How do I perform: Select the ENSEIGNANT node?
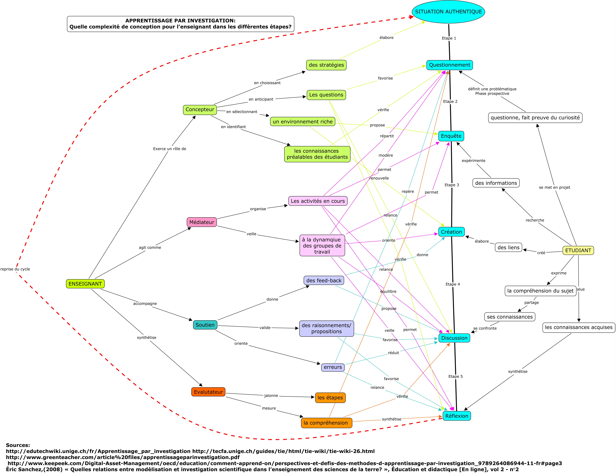[85, 284]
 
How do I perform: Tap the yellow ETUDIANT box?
[578, 250]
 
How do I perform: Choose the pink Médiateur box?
[202, 222]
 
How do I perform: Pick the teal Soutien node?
[205, 325]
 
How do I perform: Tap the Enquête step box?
[451, 136]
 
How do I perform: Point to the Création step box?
[451, 232]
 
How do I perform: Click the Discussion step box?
[454, 338]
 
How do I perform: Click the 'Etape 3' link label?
[452, 185]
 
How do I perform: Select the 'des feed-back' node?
[324, 280]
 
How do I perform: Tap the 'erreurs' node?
[333, 367]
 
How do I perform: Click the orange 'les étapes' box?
[330, 398]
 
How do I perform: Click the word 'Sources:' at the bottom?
[18, 445]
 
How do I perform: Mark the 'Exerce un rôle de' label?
[170, 149]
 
